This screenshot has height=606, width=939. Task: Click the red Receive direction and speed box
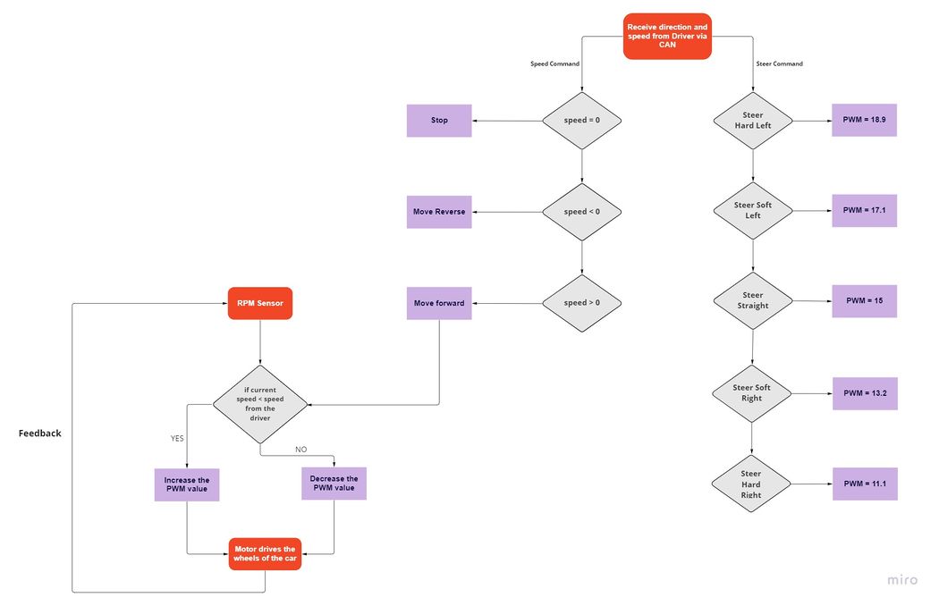[x=667, y=36]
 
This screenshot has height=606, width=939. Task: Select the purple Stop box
[x=439, y=121]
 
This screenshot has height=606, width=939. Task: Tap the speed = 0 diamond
[x=581, y=121]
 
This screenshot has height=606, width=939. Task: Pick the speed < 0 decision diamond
[x=581, y=212]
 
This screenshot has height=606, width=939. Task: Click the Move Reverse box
[x=439, y=212]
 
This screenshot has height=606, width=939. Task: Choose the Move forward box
[x=439, y=303]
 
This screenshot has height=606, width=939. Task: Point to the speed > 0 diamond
[x=581, y=303]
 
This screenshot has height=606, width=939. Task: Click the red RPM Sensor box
[x=260, y=303]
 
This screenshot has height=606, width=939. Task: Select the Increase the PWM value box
[x=187, y=484]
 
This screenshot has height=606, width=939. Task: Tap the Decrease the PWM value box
[x=334, y=484]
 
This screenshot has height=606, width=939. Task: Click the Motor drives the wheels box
[x=265, y=554]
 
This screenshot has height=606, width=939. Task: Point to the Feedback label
[x=39, y=433]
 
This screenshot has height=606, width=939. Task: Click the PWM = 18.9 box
[x=864, y=120]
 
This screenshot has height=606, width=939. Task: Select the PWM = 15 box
[x=864, y=300]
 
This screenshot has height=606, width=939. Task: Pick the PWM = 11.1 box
[x=865, y=484]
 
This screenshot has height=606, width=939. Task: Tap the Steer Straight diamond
[x=753, y=300]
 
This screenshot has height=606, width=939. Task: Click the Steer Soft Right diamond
[x=751, y=393]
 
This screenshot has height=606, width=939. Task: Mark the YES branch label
[x=177, y=438]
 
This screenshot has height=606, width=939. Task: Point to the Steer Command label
[x=779, y=63]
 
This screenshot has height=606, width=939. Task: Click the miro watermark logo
[x=902, y=580]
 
